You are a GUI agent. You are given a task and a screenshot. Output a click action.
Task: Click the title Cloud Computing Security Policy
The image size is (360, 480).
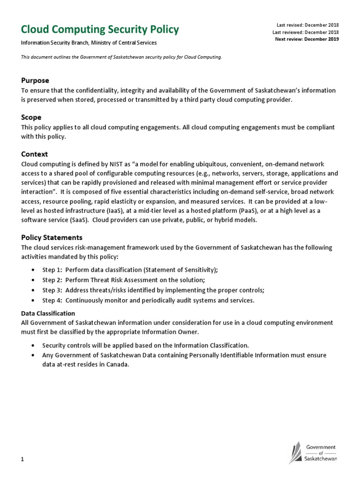pos(100,30)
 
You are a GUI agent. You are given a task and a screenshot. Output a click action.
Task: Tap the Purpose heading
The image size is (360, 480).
pos(35,81)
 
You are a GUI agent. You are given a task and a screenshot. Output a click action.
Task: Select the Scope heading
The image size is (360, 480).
pos(31,117)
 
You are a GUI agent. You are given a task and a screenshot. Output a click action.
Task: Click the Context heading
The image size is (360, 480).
pos(35,154)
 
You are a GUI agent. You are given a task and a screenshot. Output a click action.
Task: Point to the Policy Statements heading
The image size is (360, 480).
pos(52,238)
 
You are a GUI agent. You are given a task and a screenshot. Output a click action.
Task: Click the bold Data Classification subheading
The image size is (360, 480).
pos(48,313)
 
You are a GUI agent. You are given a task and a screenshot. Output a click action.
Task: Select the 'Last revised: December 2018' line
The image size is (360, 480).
pos(307,25)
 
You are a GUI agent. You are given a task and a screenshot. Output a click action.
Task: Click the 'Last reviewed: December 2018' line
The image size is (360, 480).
pos(305,32)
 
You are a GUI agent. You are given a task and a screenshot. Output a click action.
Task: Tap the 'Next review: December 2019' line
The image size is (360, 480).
pos(307,39)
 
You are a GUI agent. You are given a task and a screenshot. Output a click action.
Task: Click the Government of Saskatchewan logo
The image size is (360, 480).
pos(312,452)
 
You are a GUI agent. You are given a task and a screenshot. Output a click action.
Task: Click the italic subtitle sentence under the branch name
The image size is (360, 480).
pos(121,57)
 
